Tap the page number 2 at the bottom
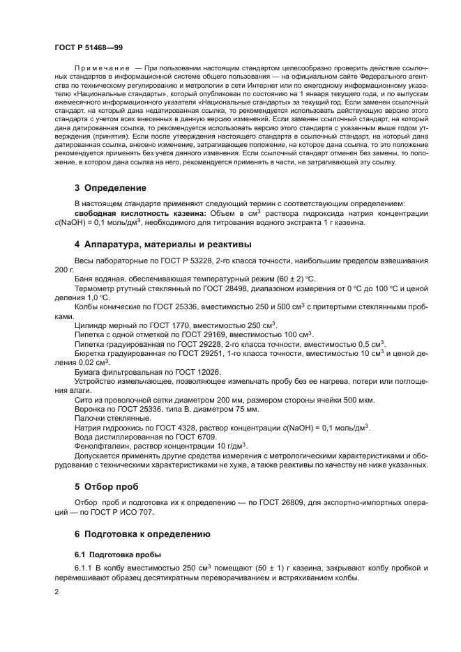coord(56,591)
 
